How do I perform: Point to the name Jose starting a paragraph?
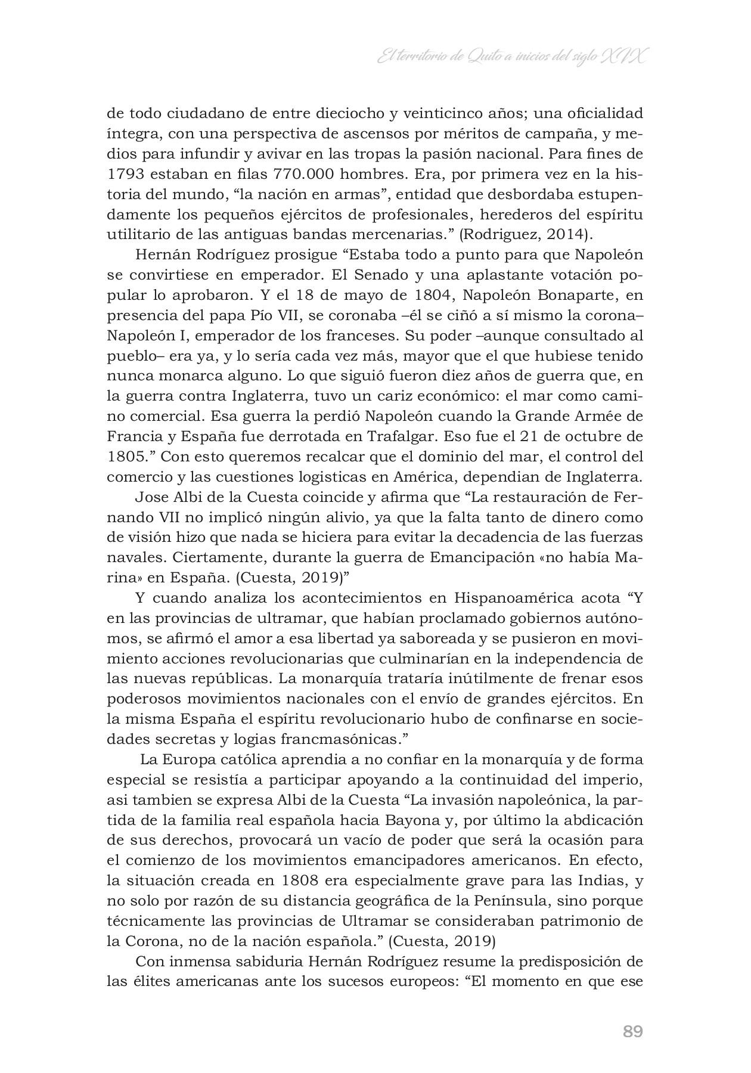pyautogui.click(x=151, y=497)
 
